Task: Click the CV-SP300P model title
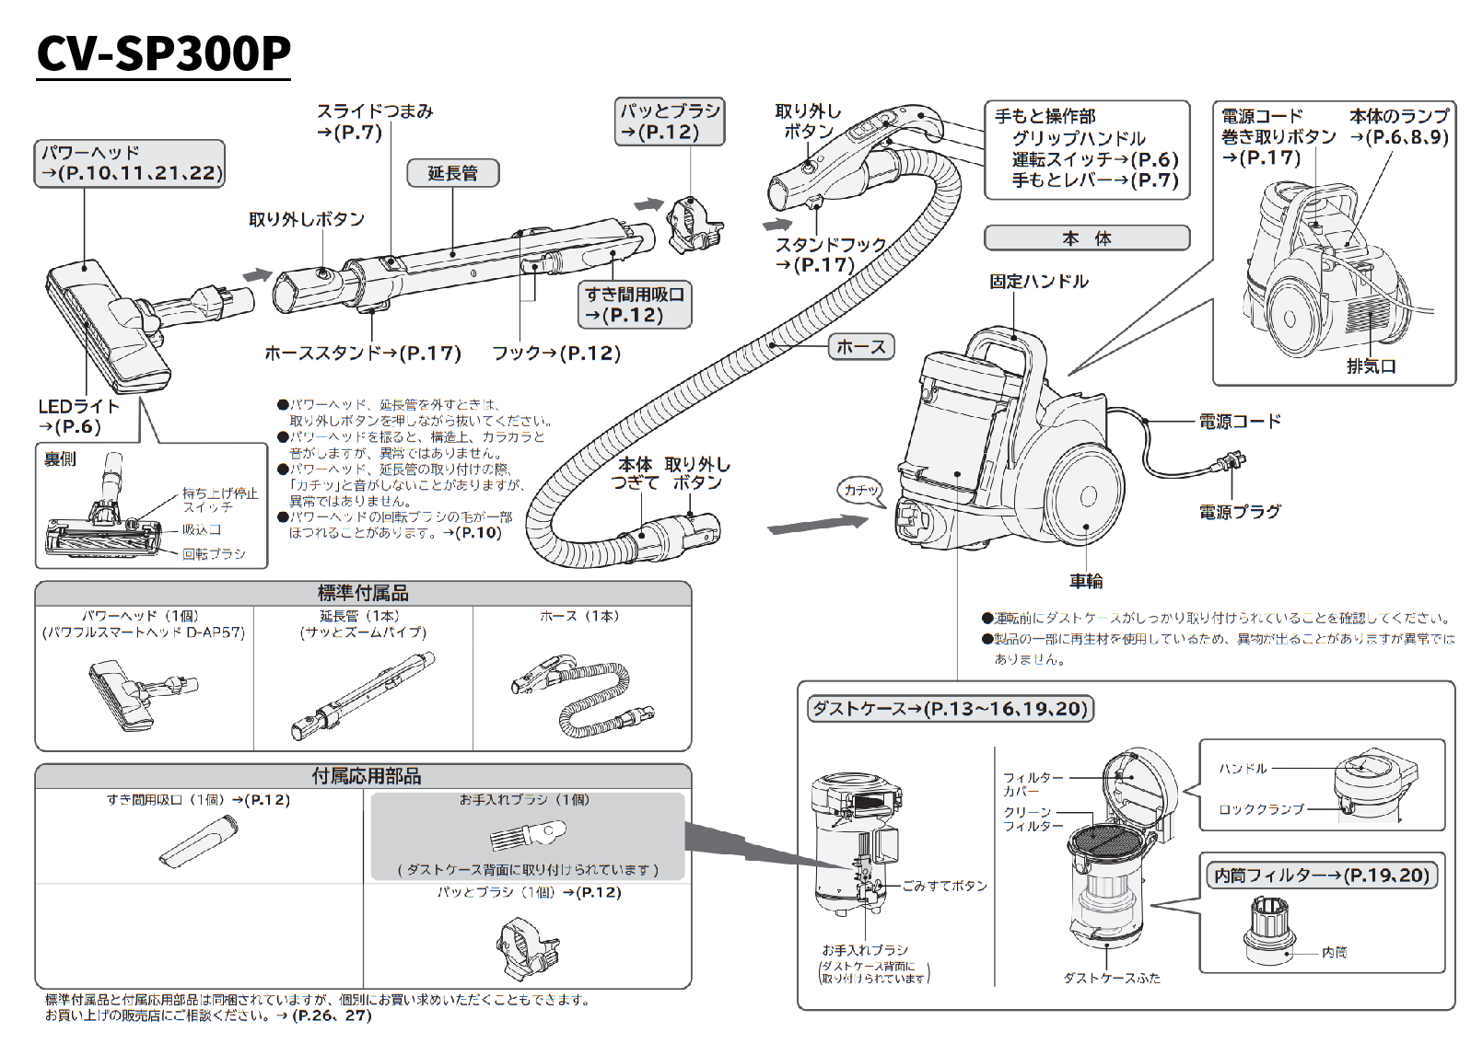[x=164, y=53]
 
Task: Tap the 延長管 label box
[x=452, y=173]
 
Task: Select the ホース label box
[x=861, y=347]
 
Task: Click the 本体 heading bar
[x=1087, y=238]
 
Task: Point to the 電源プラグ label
[x=1240, y=512]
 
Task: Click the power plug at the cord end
[x=1230, y=463]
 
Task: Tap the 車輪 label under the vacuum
[x=1086, y=581]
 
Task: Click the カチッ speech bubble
[x=861, y=491]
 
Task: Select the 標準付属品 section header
[x=363, y=594]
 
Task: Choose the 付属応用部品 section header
[x=366, y=776]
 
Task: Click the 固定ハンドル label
[x=1038, y=282]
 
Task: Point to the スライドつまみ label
[x=375, y=111]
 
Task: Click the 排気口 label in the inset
[x=1372, y=366]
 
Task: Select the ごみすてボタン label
[x=944, y=886]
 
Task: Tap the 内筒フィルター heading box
[x=1321, y=876]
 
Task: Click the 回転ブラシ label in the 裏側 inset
[x=214, y=553]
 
